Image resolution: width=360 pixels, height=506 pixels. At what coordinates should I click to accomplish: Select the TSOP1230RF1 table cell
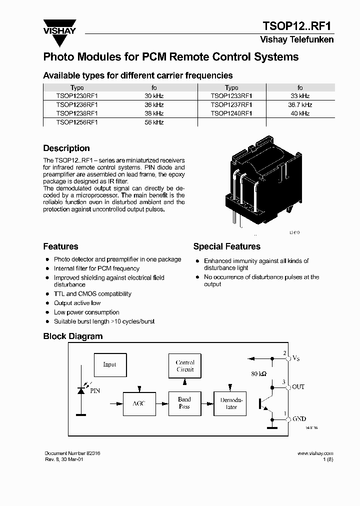77,96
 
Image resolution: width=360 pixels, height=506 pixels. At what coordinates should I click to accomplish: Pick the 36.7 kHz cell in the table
300,105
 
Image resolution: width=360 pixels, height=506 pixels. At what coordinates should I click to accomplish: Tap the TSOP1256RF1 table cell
77,122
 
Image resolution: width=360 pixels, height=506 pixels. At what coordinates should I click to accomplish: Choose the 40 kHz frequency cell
300,113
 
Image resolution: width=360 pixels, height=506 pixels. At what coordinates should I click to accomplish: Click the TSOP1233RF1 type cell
231,96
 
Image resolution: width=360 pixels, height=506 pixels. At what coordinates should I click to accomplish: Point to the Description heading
66,148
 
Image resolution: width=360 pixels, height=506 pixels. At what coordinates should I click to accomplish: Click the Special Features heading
226,246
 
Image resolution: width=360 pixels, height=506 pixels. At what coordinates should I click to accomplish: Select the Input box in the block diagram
109,364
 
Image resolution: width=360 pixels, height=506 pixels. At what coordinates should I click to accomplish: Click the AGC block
139,403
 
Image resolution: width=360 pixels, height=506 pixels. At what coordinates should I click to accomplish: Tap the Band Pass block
184,403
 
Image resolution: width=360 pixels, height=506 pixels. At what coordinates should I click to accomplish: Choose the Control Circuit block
185,366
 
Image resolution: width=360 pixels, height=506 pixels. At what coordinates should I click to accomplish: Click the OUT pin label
298,387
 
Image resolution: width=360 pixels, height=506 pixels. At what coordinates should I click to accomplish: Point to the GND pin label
299,419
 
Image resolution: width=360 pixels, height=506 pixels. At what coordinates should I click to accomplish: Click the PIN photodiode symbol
80,390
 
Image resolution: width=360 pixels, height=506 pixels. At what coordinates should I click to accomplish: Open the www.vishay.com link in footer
315,453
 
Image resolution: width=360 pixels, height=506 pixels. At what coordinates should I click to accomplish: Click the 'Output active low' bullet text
77,303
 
